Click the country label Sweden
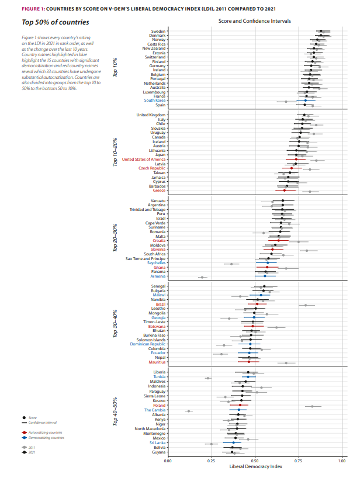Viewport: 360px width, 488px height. (158, 31)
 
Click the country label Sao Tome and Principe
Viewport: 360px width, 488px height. (146, 258)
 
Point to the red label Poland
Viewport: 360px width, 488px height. (160, 404)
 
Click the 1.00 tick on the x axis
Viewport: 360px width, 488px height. (342, 461)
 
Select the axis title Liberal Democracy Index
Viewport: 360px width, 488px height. (254, 467)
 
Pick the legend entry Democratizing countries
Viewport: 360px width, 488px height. (47, 437)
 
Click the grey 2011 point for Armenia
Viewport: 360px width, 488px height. (202, 278)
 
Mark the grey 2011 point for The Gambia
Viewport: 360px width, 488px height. (188, 411)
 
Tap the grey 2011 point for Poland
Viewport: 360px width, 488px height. (312, 406)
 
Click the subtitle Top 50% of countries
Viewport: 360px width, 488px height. (47, 22)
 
